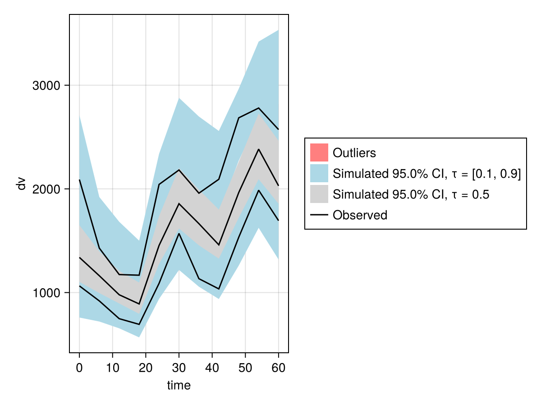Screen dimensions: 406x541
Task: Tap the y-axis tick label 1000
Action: tap(47, 293)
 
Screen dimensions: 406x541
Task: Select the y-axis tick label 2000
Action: tap(47, 189)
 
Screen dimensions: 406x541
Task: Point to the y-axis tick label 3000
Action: tap(47, 86)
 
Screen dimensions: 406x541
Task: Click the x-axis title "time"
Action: tap(179, 386)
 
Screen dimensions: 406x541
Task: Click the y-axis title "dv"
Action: tap(21, 184)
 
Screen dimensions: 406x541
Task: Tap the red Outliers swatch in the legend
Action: tap(319, 152)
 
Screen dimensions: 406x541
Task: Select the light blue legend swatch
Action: tap(319, 173)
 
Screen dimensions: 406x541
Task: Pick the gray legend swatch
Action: tap(319, 194)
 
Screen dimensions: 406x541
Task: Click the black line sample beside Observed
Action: tap(319, 215)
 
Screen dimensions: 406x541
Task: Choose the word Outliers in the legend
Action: tap(354, 153)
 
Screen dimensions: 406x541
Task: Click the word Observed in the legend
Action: tap(360, 215)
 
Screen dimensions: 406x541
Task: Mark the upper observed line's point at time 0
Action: tap(79, 180)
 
